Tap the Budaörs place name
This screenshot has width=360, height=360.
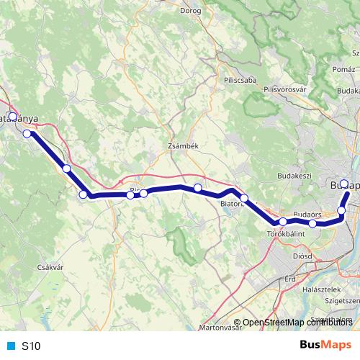coord(307,214)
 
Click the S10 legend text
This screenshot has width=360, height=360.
coord(31,346)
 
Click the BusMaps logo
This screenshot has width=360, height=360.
coord(325,346)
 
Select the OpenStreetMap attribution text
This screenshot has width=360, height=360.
coord(296,323)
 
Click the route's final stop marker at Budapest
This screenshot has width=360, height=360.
coord(344,184)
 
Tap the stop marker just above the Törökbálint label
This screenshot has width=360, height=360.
coord(283,222)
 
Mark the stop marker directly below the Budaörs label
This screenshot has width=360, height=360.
coord(312,224)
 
